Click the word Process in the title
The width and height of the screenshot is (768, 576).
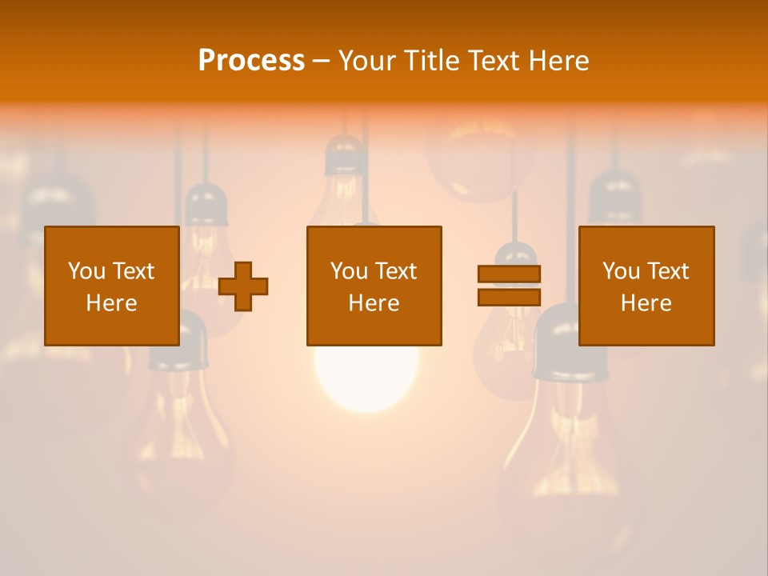click(251, 60)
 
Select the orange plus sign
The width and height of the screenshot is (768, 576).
click(243, 286)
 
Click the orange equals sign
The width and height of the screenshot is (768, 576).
click(509, 286)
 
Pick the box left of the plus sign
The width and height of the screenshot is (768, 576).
click(112, 286)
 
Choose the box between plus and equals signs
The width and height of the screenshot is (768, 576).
click(374, 286)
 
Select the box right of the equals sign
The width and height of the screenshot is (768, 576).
click(646, 286)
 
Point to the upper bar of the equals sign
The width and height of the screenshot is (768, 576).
click(509, 274)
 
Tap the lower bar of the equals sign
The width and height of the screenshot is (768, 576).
click(509, 297)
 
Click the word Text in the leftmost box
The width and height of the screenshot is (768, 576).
click(134, 271)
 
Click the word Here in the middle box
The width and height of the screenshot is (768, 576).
click(374, 303)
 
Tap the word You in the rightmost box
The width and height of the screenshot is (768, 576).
click(621, 271)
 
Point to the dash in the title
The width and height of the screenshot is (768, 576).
click(322, 61)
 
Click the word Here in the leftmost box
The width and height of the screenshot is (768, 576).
click(112, 303)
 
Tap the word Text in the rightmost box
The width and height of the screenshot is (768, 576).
click(668, 271)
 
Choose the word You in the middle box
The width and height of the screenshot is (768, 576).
click(349, 271)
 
